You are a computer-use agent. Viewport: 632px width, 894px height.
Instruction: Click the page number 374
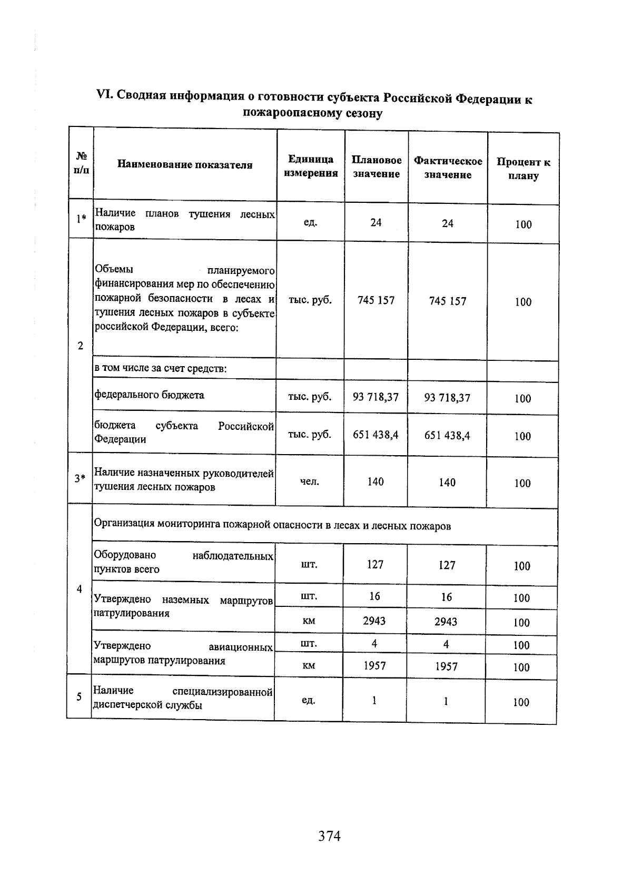coord(329,836)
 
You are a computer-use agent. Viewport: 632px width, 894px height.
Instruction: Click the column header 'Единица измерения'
coord(311,166)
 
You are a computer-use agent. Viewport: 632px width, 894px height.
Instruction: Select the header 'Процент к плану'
coord(523,169)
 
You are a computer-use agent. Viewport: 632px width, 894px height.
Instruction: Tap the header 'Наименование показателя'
coord(185,165)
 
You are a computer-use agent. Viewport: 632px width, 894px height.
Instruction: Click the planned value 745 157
coord(376,300)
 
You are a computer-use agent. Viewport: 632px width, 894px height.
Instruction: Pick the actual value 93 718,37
coord(447,398)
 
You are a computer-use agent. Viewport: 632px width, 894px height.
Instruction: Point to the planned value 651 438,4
coord(376,435)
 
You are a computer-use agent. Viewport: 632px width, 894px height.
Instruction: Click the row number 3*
coord(80,478)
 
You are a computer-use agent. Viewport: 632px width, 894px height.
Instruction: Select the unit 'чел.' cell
coord(310,481)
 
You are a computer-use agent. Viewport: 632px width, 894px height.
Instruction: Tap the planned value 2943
coord(374,621)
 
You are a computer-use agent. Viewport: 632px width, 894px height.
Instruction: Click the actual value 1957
coord(446,666)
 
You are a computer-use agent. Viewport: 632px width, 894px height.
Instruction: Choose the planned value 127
coord(375,565)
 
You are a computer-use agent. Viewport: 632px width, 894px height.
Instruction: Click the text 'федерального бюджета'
coord(150,395)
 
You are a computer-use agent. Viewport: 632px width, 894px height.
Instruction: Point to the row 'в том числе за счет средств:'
coord(161,368)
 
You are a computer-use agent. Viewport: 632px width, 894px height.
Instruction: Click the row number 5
coord(79,696)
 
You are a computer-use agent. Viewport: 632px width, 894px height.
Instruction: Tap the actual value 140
coord(447,483)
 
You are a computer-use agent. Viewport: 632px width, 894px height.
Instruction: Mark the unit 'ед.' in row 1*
coord(310,222)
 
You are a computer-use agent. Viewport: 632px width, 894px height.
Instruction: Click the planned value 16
coord(374,596)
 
